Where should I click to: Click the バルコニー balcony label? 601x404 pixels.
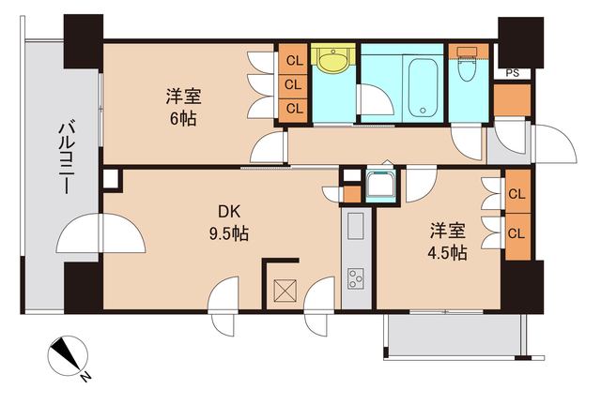click(67, 157)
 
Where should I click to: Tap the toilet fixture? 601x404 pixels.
click(465, 67)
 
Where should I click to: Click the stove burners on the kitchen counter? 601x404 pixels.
click(357, 277)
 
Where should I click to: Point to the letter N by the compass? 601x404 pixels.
click(85, 376)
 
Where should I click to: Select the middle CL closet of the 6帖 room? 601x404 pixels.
click(294, 84)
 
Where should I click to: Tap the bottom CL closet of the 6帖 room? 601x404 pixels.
click(294, 108)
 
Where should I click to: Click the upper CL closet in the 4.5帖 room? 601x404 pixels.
click(516, 194)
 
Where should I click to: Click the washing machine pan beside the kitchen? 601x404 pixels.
click(381, 187)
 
